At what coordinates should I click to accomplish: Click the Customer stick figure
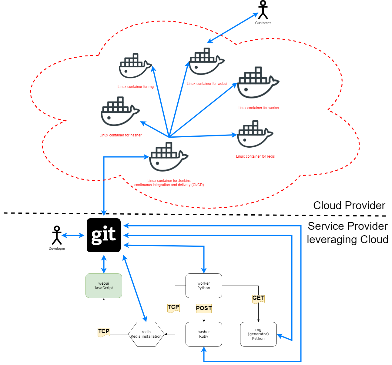pyautogui.click(x=263, y=10)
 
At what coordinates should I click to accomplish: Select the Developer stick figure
pyautogui.click(x=57, y=236)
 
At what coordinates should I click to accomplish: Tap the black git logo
pyautogui.click(x=104, y=235)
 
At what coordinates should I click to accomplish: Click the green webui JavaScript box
pyautogui.click(x=104, y=286)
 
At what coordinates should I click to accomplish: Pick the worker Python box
pyautogui.click(x=204, y=286)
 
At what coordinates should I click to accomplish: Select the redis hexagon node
pyautogui.click(x=146, y=334)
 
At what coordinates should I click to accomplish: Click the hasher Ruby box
pyautogui.click(x=204, y=334)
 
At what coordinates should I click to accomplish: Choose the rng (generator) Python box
pyautogui.click(x=258, y=334)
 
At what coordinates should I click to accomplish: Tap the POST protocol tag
pyautogui.click(x=204, y=308)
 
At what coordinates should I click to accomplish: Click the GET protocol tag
pyautogui.click(x=258, y=298)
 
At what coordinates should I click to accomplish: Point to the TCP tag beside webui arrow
pyautogui.click(x=104, y=332)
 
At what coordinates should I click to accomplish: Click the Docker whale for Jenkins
pyautogui.click(x=168, y=158)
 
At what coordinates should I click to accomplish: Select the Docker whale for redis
pyautogui.click(x=255, y=135)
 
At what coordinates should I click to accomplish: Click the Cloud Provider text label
pyautogui.click(x=349, y=206)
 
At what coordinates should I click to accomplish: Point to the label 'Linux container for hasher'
pyautogui.click(x=120, y=135)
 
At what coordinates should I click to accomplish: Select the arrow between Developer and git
pyautogui.click(x=73, y=235)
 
